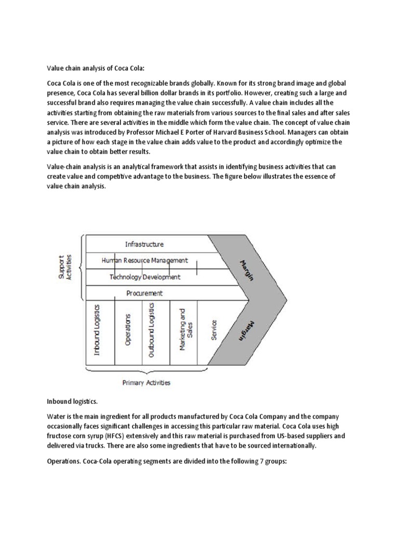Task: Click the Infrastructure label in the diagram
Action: click(x=144, y=244)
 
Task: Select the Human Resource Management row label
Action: click(x=144, y=260)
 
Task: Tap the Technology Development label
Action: click(x=145, y=277)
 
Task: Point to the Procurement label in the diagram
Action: click(x=144, y=293)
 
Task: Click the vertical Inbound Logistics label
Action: click(x=97, y=330)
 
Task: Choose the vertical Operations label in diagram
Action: click(x=128, y=329)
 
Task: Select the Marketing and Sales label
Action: click(x=185, y=329)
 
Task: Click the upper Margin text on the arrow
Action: click(x=247, y=269)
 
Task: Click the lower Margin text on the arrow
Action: click(x=247, y=330)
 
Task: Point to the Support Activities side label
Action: click(x=65, y=268)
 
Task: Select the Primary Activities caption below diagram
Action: click(x=146, y=383)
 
